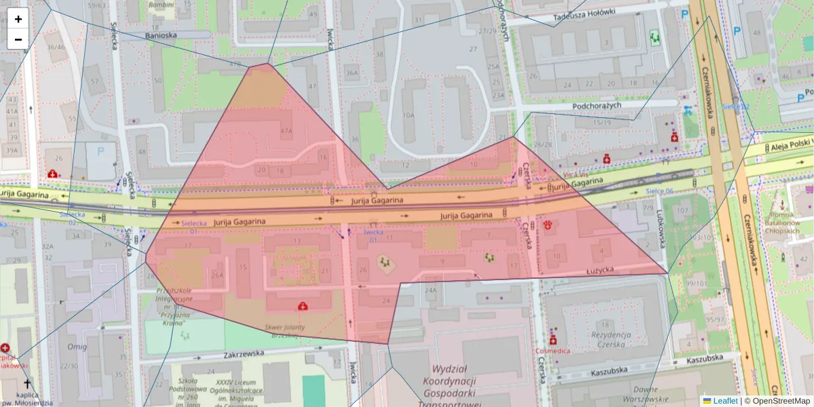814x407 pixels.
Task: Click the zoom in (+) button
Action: click(x=18, y=18)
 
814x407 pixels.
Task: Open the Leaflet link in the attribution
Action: click(x=725, y=401)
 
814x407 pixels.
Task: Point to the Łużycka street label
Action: click(x=600, y=270)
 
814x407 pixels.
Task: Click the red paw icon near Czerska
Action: click(x=547, y=225)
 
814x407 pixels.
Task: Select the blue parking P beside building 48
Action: click(x=101, y=152)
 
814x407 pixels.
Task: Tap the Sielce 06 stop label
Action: click(x=659, y=191)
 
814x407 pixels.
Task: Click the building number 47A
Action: click(x=286, y=130)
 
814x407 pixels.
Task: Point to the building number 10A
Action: click(x=408, y=115)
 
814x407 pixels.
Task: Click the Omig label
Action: click(x=77, y=347)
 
